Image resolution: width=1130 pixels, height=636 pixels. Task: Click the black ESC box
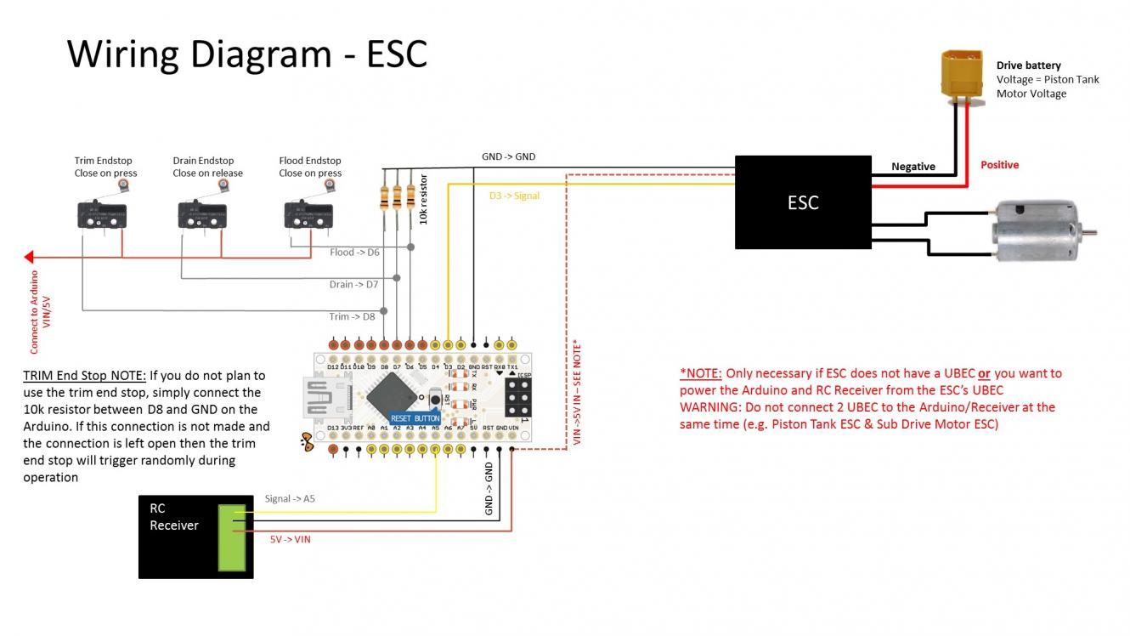(803, 202)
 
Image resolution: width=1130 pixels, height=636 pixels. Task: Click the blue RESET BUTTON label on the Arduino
(415, 417)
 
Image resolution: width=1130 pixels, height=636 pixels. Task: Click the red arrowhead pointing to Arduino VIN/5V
(29, 256)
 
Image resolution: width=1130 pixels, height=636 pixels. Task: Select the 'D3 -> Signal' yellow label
(514, 196)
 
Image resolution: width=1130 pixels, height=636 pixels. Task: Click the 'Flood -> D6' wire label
(354, 252)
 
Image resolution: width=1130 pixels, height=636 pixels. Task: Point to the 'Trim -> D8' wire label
(352, 316)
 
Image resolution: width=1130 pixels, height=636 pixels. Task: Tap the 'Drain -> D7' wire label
(353, 284)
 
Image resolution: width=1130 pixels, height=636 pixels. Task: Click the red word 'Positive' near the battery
(999, 165)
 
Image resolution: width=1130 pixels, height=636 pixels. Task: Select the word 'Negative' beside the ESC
(913, 167)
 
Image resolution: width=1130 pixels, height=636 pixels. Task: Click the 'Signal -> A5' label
(290, 499)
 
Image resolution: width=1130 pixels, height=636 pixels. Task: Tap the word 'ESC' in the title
(396, 54)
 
